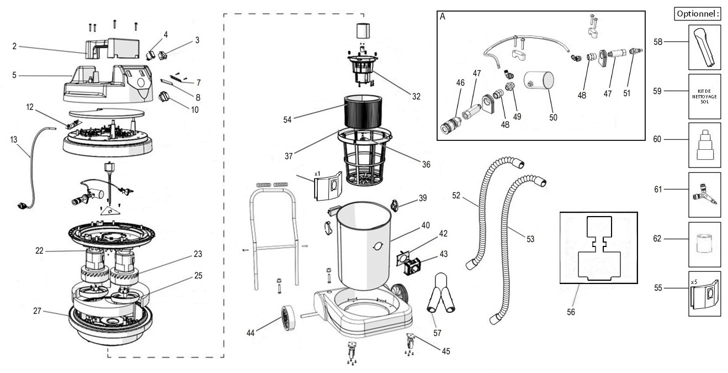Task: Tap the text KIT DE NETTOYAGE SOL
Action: [704, 96]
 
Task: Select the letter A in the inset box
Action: [443, 17]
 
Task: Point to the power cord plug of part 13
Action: [23, 207]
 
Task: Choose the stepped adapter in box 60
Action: [704, 146]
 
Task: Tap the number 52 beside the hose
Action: [456, 195]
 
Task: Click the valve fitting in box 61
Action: [703, 194]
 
